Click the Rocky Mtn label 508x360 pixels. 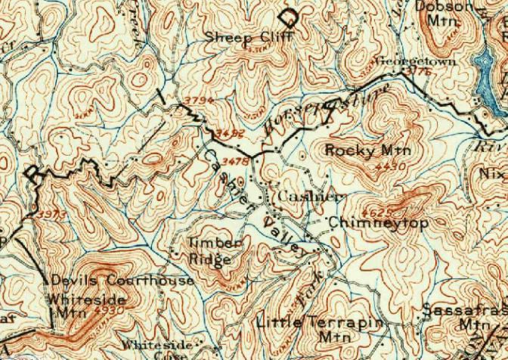click(361, 150)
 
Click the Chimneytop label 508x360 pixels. click(368, 223)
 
